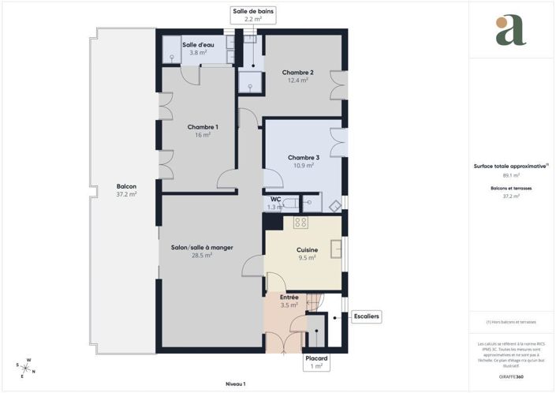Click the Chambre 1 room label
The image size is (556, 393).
point(203,127)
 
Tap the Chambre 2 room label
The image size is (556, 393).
point(297,73)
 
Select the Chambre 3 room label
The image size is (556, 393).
point(303,157)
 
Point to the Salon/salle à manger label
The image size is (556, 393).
point(202,248)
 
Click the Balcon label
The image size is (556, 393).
point(126,186)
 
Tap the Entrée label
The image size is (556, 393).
point(289,297)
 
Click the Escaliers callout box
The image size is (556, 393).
point(367,316)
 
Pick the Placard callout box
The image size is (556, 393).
point(316,362)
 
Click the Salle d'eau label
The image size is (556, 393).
point(198,45)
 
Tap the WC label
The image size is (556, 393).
point(275,200)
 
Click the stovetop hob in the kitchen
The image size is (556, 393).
point(300,223)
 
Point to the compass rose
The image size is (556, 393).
point(25,367)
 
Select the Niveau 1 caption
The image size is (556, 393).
point(236,384)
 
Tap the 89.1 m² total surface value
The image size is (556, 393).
point(511,175)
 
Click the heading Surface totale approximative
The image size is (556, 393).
point(511,166)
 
